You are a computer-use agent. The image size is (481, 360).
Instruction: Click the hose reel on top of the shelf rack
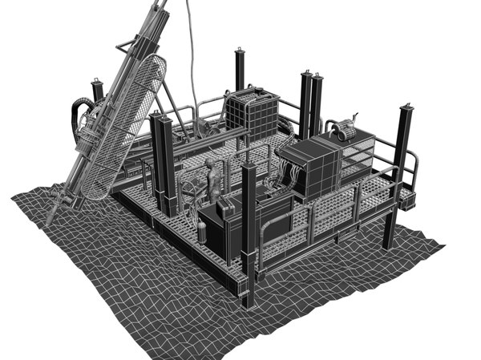[x=347, y=129]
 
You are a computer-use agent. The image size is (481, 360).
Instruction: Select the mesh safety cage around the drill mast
[x=128, y=128]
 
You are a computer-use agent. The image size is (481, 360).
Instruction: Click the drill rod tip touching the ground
[x=51, y=220]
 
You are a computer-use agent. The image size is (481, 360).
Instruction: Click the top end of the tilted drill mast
[x=160, y=6]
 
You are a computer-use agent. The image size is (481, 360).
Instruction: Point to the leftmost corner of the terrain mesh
[x=12, y=196]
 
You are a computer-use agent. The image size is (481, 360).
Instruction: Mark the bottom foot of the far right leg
[x=389, y=245]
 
